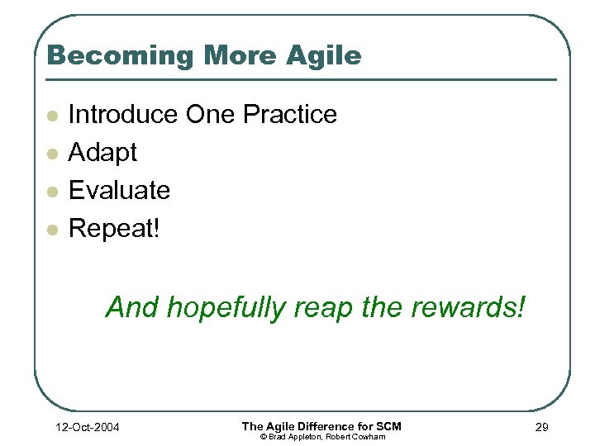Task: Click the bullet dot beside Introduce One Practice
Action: tap(53, 116)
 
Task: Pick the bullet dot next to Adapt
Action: tap(53, 154)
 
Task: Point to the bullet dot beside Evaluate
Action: tap(53, 192)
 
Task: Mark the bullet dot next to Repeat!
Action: tap(53, 230)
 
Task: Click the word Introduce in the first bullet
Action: tap(123, 114)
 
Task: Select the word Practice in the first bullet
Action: tap(291, 114)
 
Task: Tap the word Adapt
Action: tap(102, 153)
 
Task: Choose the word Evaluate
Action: tap(119, 191)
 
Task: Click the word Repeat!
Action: tap(114, 229)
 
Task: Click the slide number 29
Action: tap(541, 427)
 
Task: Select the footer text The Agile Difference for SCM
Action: tap(321, 425)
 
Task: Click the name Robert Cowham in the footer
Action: tap(356, 436)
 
